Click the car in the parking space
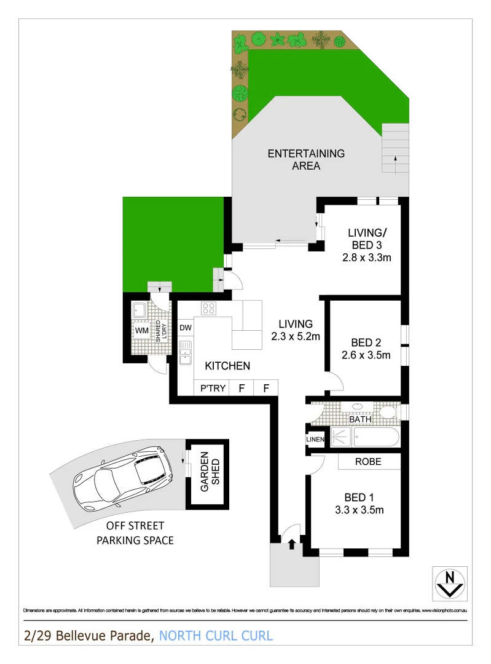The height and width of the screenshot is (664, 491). (124, 477)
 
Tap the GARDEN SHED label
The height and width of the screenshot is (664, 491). (207, 472)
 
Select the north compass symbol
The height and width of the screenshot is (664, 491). (450, 583)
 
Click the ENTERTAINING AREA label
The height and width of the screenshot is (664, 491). (306, 159)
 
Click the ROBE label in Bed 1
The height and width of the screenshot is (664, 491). (368, 462)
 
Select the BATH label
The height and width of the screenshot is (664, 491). (360, 420)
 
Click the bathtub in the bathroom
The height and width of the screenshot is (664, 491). (376, 437)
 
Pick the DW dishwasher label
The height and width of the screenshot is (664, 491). (186, 328)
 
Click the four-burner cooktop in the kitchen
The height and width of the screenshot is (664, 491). (208, 309)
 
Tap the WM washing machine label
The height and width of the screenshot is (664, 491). (142, 331)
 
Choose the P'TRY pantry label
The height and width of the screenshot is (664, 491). (213, 388)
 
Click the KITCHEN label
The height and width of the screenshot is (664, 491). (227, 366)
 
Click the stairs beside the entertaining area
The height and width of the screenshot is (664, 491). (395, 149)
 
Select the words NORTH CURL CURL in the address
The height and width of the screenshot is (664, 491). (216, 636)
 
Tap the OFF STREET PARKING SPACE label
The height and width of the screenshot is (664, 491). (140, 533)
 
